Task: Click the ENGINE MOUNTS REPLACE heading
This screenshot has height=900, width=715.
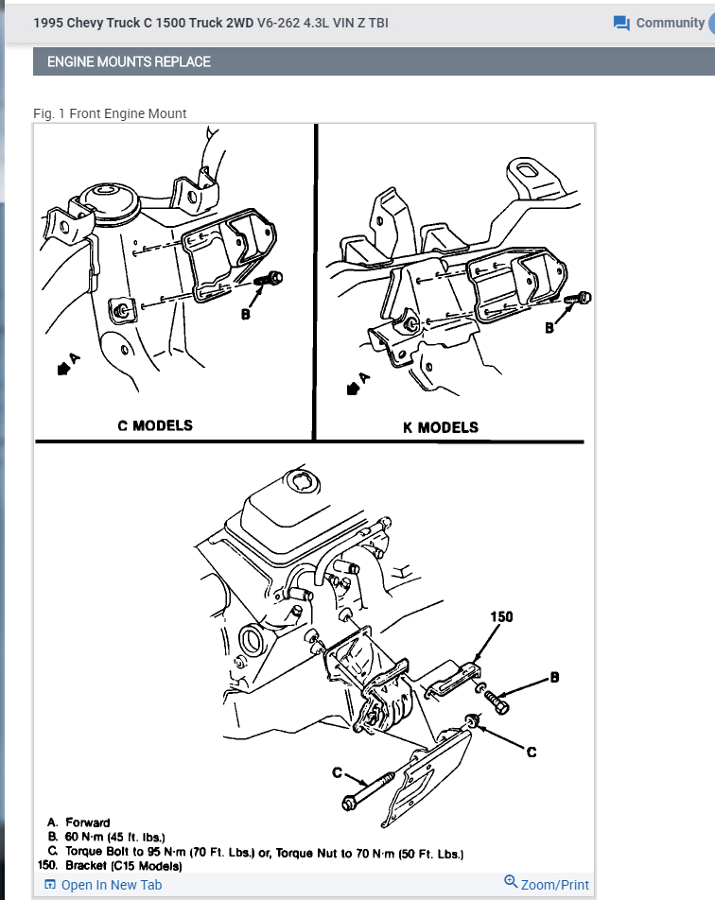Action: coord(129,62)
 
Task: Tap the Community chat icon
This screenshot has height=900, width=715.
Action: coord(621,23)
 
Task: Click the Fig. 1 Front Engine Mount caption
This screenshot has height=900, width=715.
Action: coord(110,113)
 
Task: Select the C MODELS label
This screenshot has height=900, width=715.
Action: coord(155,425)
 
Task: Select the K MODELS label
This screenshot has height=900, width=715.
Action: coord(441,427)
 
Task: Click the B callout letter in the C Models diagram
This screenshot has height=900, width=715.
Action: coord(245,314)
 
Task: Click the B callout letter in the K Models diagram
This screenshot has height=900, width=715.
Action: coord(549,328)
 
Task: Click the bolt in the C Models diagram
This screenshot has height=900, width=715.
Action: coord(270,278)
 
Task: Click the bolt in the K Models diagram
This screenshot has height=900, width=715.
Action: coord(577,299)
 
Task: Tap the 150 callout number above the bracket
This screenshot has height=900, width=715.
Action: coord(501,617)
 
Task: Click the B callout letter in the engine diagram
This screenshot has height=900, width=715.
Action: coord(555,677)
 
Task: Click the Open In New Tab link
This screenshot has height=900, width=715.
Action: coord(103,885)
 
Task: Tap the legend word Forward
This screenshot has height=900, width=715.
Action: coord(88,822)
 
